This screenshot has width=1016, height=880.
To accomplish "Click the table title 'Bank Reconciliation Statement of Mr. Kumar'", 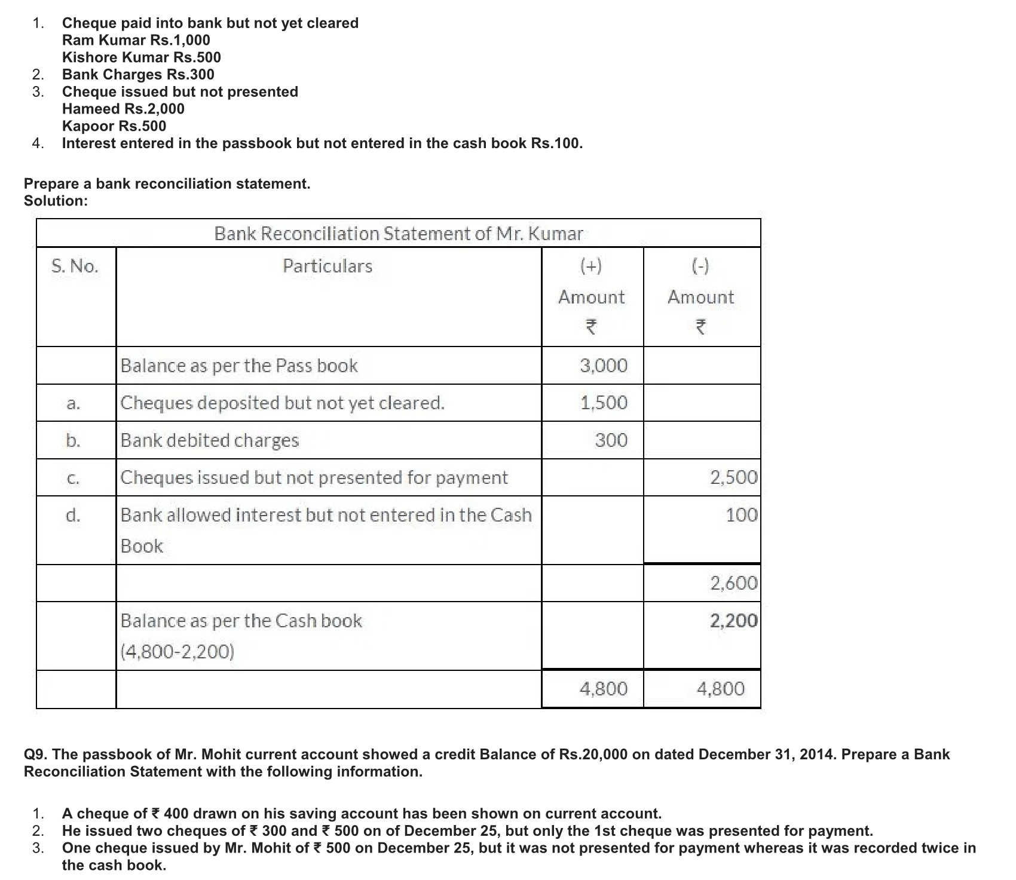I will (398, 233).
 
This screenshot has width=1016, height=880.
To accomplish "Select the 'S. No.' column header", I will (75, 266).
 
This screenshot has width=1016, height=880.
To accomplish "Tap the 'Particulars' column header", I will (328, 266).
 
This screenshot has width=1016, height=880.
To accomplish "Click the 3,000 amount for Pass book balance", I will (604, 366).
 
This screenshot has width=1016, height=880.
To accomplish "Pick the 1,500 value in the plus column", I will (604, 403).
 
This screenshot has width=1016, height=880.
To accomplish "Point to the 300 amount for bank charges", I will (611, 440).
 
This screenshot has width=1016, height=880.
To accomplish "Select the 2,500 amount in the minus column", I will (733, 477).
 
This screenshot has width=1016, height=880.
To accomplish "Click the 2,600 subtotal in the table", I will (733, 583).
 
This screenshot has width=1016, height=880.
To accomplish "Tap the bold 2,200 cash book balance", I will (733, 621).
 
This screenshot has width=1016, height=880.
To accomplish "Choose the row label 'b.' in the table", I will (73, 440).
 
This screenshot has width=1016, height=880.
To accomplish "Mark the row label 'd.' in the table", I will (73, 515).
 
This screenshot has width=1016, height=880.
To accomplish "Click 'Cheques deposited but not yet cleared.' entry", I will (283, 403).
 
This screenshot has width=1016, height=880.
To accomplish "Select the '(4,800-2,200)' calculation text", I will (178, 651).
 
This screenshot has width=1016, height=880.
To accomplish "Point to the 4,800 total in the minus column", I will (721, 689).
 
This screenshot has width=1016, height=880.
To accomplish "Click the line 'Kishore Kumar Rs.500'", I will (142, 57).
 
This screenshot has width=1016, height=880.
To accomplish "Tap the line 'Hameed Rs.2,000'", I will (123, 109).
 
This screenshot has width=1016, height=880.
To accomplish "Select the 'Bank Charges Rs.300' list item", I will (138, 75).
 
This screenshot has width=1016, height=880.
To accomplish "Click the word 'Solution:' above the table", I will (56, 201).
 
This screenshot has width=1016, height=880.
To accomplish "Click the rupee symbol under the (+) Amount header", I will (591, 327).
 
